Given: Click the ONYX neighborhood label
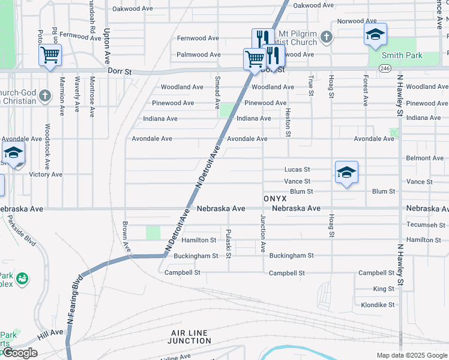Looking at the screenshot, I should [275, 198].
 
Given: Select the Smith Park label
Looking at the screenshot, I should [402, 56].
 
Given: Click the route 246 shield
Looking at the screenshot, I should [385, 69].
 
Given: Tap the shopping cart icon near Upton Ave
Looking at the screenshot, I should [50, 56].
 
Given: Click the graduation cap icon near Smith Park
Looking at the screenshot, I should [375, 35].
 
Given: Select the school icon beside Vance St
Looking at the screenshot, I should [346, 173].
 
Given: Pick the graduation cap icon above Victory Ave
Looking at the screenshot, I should [13, 154].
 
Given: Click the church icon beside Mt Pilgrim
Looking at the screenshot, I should [327, 38].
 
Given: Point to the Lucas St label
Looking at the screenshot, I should [297, 170].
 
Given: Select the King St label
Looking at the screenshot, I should [384, 289].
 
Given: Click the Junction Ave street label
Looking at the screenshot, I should [262, 233].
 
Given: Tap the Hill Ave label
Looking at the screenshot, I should [51, 332].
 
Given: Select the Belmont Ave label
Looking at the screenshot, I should [425, 158].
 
